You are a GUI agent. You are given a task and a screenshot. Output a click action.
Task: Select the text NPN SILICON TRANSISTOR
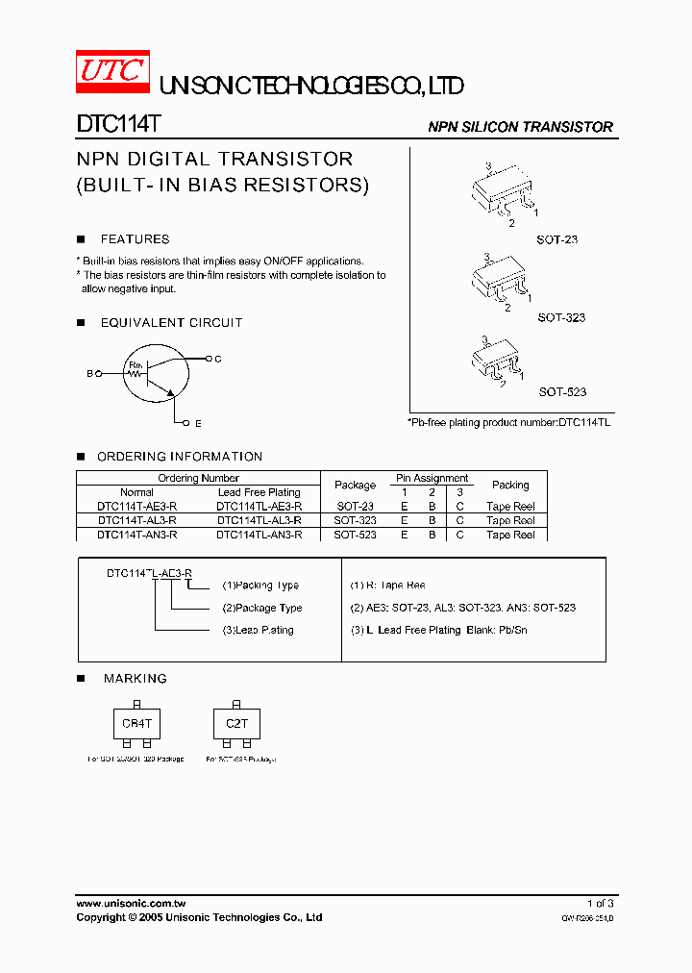coord(520,127)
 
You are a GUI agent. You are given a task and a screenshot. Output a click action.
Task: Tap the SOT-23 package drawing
coord(503,194)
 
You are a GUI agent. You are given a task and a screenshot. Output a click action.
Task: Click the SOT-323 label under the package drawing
coord(561,317)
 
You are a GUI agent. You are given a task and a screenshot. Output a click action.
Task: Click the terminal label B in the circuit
coord(90,373)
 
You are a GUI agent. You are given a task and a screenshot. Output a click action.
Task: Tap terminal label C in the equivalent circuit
coord(218,359)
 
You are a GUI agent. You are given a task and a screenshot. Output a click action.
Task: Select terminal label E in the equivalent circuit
coord(198,423)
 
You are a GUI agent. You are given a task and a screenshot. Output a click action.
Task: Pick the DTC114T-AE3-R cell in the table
coord(136,506)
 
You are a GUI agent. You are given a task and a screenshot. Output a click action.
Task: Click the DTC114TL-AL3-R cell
coord(259,520)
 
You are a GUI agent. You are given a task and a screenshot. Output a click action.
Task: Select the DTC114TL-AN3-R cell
coord(259,535)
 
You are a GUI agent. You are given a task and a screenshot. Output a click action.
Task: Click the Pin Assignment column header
coord(432,478)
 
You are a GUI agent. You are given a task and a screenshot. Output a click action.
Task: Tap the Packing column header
coord(510,485)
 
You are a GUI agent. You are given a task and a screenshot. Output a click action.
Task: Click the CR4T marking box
coord(137,724)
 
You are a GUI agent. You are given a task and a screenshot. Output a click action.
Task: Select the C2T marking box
coord(236,724)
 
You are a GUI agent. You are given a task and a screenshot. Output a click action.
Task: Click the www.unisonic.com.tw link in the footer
coord(131,904)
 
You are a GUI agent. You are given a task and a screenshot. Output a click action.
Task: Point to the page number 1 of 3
coord(600,904)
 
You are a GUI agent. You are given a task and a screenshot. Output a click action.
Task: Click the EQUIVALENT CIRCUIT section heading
coord(171,323)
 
